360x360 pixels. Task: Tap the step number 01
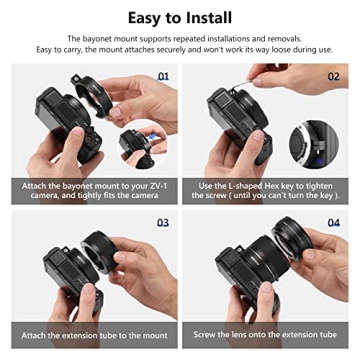pos(163,74)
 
